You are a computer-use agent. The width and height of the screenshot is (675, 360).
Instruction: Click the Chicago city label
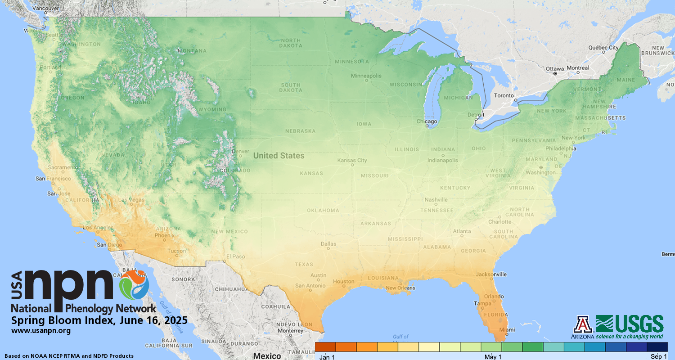(x=427, y=121)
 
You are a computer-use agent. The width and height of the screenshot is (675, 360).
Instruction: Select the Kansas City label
(x=352, y=160)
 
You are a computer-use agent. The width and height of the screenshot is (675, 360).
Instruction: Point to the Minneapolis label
(x=366, y=76)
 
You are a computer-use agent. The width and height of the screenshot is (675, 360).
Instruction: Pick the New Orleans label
(x=400, y=288)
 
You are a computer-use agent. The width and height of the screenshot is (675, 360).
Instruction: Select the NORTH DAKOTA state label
(x=290, y=43)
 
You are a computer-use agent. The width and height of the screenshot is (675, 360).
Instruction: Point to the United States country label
(x=279, y=156)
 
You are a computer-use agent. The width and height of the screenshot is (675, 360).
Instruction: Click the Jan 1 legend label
(x=327, y=357)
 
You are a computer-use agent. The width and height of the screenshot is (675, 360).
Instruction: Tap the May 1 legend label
(x=493, y=357)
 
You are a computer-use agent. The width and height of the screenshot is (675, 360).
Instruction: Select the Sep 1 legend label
(x=659, y=357)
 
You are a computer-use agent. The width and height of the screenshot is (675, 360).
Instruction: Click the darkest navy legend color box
(x=657, y=347)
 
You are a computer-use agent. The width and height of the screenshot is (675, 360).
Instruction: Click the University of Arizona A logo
(x=583, y=324)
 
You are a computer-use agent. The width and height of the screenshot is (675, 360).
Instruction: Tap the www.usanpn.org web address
(x=41, y=331)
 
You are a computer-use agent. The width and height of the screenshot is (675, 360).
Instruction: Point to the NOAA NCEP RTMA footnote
(x=69, y=356)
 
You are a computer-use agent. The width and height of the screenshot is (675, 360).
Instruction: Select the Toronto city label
(x=504, y=96)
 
